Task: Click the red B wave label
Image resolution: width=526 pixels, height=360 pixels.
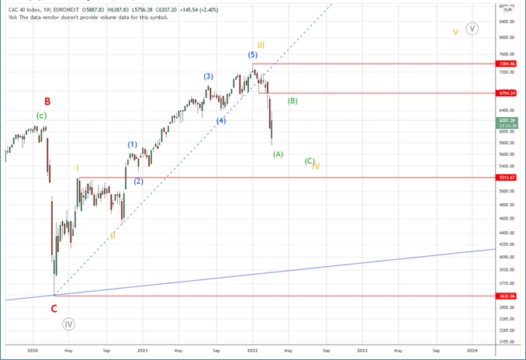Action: point(47,101)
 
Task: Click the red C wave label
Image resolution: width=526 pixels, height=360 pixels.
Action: point(54,308)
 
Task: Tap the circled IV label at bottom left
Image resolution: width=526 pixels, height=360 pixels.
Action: point(69,324)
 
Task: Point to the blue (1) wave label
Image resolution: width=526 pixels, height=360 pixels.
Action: point(133,144)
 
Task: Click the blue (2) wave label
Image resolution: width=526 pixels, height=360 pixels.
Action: point(138,182)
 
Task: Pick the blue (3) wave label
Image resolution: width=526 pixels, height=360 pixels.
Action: point(209,76)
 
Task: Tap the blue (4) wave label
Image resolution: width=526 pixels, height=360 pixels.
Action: point(221,121)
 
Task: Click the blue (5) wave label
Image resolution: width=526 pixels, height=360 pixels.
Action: point(253,55)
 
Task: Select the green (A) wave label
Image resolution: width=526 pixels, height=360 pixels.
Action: point(278,154)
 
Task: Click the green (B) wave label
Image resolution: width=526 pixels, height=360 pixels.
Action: point(292,101)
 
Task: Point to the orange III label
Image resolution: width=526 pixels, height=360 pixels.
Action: point(261,45)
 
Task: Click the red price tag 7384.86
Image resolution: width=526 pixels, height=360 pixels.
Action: point(508,64)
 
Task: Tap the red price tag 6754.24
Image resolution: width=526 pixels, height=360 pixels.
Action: point(508,93)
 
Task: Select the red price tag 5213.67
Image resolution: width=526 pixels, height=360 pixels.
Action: point(508,178)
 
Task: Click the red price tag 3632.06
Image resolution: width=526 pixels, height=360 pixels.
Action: point(508,296)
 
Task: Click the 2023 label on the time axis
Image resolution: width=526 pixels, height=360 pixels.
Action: point(362,351)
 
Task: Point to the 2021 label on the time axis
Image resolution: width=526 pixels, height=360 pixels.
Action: point(144,351)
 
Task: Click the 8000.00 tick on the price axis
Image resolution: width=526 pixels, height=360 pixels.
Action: point(507,37)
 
